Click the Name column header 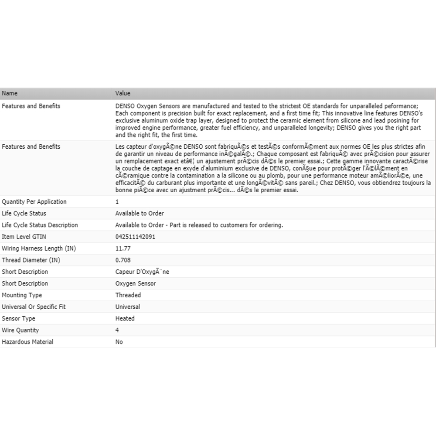pos(10,93)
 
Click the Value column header pos(123,93)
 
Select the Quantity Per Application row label pos(34,202)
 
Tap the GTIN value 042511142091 pos(135,237)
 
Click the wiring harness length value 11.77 pos(123,249)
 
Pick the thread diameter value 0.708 pos(123,260)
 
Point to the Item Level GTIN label pos(24,237)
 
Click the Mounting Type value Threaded pos(128,295)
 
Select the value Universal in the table pos(127,307)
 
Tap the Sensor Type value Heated pos(125,319)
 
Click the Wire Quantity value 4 pos(117,330)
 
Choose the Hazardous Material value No pos(119,342)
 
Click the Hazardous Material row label pos(27,342)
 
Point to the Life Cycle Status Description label pos(40,225)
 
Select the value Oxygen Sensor pos(135,283)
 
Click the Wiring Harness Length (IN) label pos(39,249)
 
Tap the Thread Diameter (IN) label pos(31,260)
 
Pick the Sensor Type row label pos(18,319)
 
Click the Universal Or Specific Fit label pos(34,307)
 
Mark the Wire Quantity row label pos(20,330)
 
